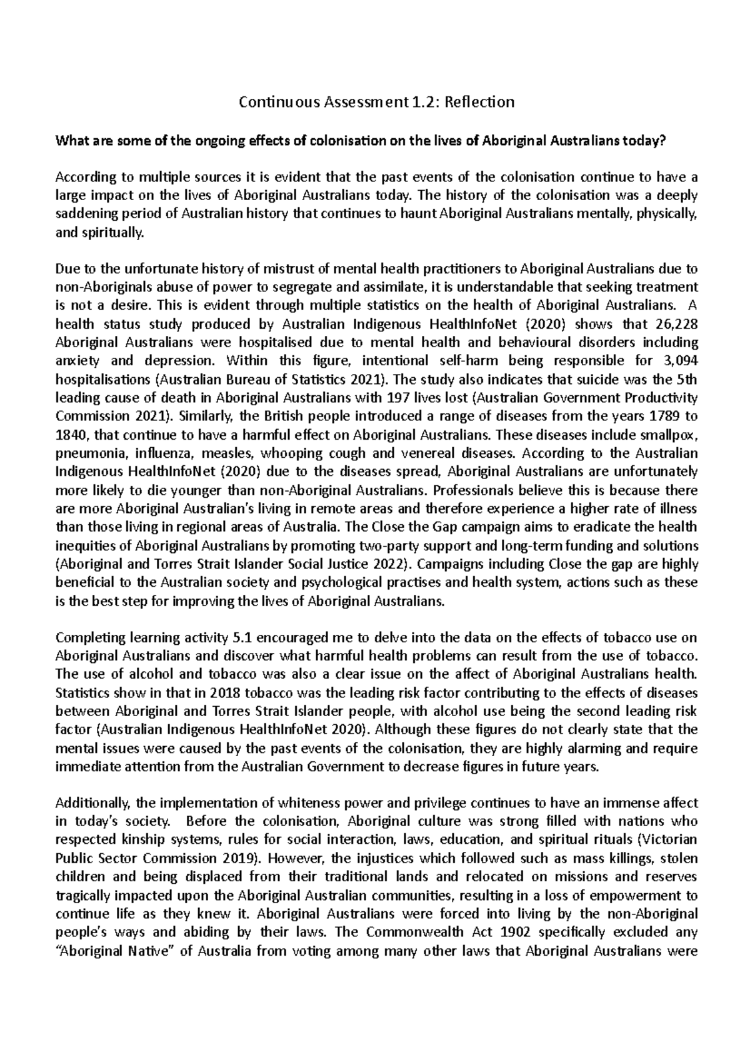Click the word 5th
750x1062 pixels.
(687, 379)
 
